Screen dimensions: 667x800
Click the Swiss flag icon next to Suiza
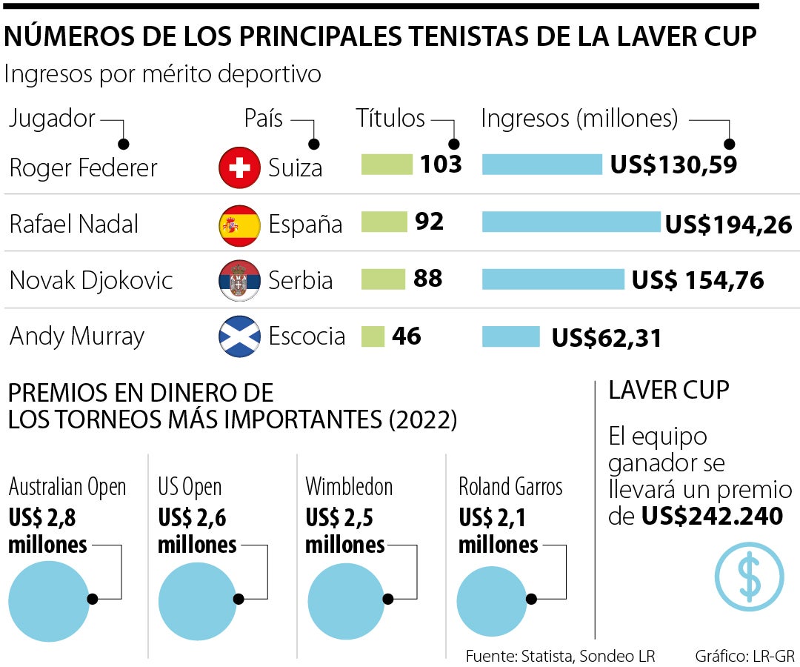tap(240, 167)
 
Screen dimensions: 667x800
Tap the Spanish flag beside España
tap(240, 225)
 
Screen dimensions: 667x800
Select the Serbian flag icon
tap(240, 281)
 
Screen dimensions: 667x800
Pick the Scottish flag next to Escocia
tap(240, 337)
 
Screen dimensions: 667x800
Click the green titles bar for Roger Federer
tap(387, 165)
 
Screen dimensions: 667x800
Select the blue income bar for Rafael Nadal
tap(571, 222)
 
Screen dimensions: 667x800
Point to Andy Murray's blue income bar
tap(511, 336)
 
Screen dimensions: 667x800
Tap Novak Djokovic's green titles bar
tap(383, 279)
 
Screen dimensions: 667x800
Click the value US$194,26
tap(729, 224)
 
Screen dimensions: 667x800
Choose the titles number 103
tap(441, 164)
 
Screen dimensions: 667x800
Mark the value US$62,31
tap(606, 338)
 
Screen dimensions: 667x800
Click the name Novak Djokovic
tap(91, 281)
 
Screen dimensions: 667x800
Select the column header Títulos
tap(390, 119)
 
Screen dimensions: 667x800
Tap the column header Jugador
tap(52, 119)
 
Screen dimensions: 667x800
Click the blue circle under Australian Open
tap(48, 600)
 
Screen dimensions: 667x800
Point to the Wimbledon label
tap(349, 487)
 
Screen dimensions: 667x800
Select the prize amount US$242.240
tap(712, 516)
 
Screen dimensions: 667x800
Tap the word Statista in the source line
tap(547, 656)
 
